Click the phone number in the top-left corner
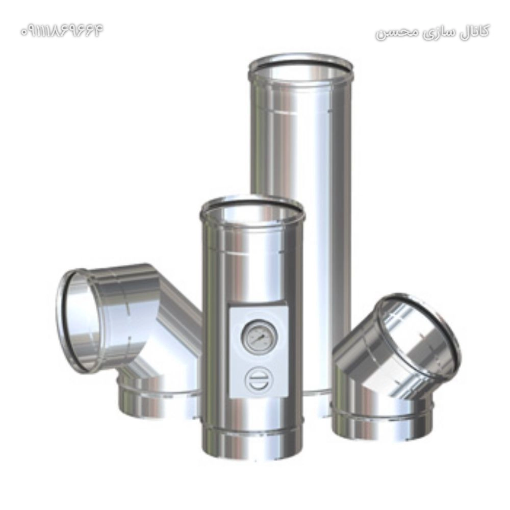tap(62, 31)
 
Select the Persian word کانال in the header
tap(473, 31)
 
